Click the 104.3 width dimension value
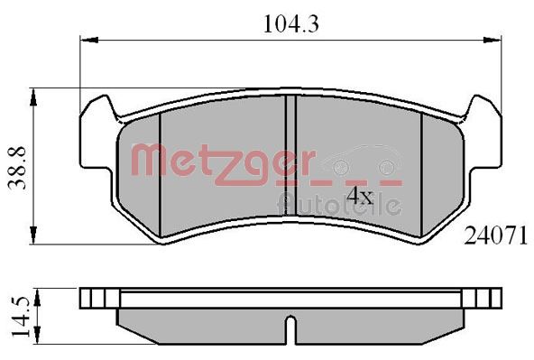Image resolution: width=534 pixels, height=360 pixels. pos(291,25)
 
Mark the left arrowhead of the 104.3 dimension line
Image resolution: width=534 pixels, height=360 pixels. pos(87,40)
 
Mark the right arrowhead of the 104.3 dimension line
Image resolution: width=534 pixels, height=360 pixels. pos(498,40)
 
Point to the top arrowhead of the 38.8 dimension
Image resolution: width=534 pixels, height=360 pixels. pos(34,92)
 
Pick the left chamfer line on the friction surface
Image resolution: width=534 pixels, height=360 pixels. pos(159,171)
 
